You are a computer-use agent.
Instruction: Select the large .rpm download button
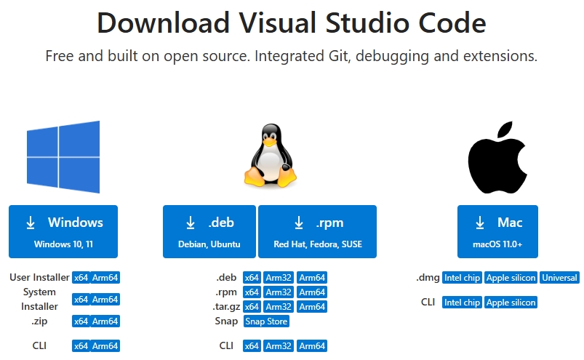coord(317,231)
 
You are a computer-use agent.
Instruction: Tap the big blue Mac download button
coord(500,231)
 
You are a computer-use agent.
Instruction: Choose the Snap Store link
coord(266,321)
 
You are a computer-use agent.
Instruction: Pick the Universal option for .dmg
coord(559,278)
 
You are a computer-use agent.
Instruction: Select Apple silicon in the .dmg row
coord(511,278)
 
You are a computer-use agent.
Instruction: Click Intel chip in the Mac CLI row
coord(462,303)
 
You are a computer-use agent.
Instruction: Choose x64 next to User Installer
coord(80,278)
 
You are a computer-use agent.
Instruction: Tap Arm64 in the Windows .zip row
coord(105,321)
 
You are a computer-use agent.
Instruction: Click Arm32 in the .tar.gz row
coord(279,307)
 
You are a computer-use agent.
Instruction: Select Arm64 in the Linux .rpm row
coord(312,292)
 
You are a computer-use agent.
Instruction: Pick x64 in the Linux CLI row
coord(252,346)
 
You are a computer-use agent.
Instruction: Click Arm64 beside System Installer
coord(105,300)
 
